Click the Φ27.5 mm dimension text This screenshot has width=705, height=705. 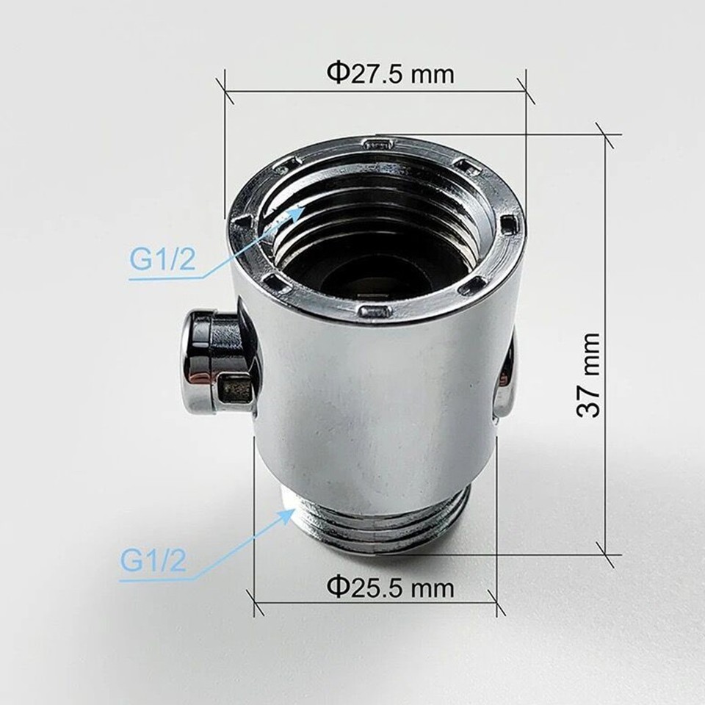click(x=390, y=73)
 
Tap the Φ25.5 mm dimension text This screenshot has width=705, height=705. click(x=390, y=587)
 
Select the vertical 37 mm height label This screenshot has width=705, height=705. click(x=589, y=375)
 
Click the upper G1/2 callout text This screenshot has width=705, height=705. click(x=163, y=260)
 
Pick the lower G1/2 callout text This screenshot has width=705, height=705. click(x=153, y=562)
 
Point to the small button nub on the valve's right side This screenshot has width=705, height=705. click(x=505, y=382)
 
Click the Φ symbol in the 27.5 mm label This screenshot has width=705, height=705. click(x=336, y=73)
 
